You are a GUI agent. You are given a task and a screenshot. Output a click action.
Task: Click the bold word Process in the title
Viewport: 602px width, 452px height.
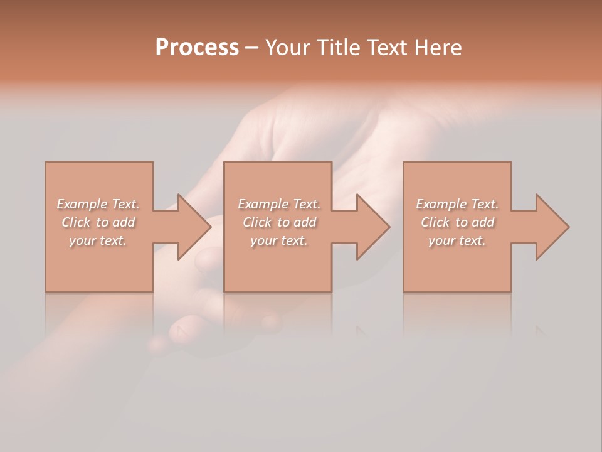(197, 47)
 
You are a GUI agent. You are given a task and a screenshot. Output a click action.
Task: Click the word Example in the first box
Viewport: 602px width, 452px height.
(82, 204)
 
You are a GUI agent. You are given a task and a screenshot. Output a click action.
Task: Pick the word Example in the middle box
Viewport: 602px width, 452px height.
(263, 204)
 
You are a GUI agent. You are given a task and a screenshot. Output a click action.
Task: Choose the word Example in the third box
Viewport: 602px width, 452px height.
(441, 204)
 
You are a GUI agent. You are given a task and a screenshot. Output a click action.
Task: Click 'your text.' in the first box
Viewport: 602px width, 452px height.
(98, 240)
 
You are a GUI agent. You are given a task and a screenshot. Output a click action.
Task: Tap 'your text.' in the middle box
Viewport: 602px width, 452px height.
(278, 240)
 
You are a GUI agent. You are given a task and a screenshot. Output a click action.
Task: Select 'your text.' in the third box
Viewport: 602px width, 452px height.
(457, 240)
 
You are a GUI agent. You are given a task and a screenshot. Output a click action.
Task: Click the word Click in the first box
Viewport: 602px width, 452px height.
(76, 222)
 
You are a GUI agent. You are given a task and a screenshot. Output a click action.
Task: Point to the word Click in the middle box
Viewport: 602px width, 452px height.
(257, 222)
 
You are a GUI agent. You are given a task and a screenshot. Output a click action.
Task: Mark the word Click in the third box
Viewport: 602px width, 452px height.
(435, 222)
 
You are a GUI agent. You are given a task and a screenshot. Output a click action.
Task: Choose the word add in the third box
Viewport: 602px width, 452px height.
(483, 222)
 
